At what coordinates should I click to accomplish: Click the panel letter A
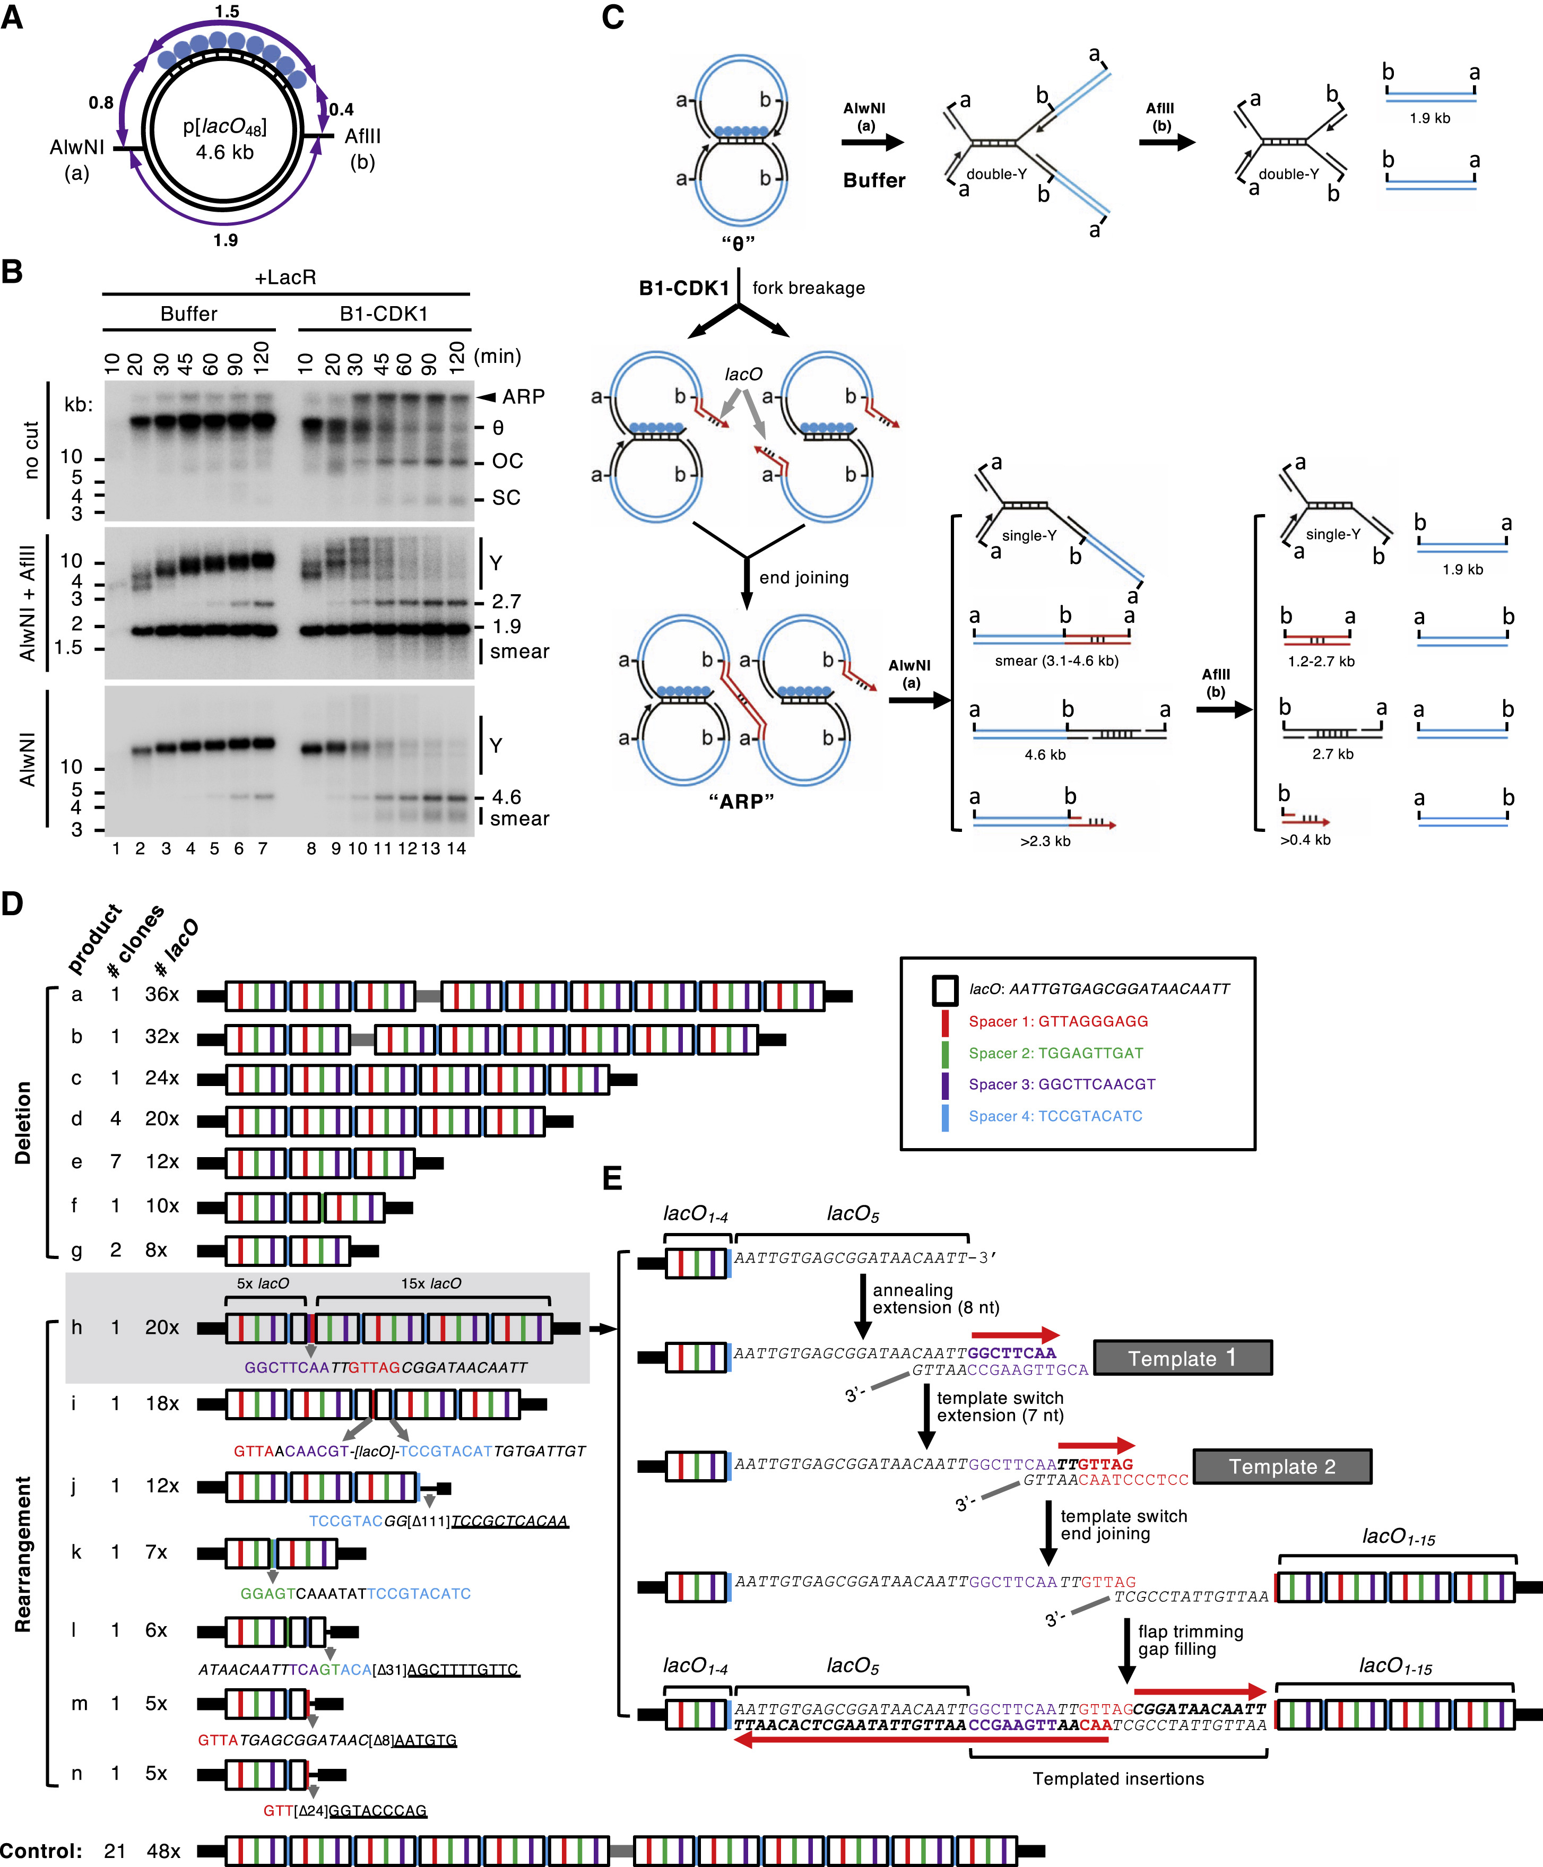[12, 17]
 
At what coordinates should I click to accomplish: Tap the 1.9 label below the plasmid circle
[226, 240]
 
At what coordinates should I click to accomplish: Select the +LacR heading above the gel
[285, 277]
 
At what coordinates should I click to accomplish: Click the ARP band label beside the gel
[523, 396]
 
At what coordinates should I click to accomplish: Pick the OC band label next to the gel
[507, 461]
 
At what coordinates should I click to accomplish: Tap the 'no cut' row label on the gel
[32, 450]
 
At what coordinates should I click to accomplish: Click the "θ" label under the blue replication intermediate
[739, 242]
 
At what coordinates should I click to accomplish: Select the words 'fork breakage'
[808, 288]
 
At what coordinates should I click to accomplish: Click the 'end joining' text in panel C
[803, 578]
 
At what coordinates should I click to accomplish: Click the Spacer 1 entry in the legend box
[1057, 1021]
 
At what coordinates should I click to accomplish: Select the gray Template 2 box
[1282, 1466]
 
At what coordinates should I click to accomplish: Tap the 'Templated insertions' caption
[1118, 1778]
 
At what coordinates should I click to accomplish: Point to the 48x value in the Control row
[163, 1851]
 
